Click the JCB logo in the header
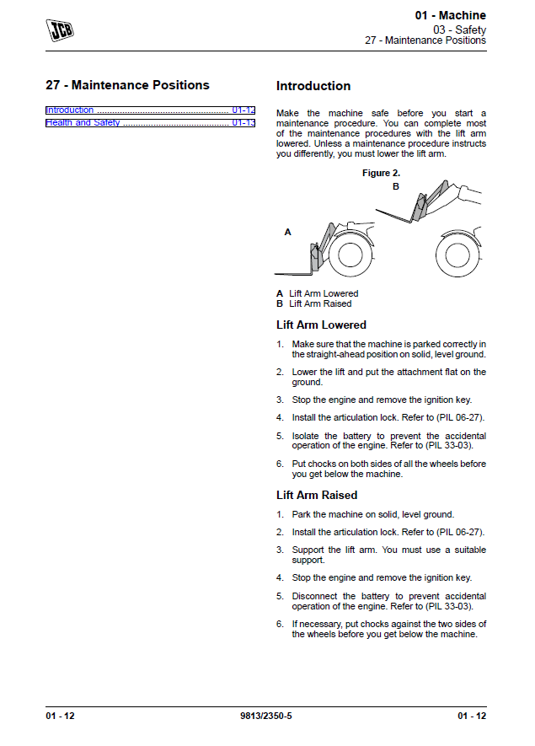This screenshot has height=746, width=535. pyautogui.click(x=59, y=30)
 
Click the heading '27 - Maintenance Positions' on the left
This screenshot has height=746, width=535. pyautogui.click(x=127, y=85)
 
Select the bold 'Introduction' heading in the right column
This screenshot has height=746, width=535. pyautogui.click(x=313, y=86)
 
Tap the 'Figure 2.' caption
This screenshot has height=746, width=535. pyautogui.click(x=381, y=173)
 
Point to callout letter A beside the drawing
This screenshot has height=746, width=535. pyautogui.click(x=287, y=231)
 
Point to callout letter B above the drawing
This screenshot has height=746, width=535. pyautogui.click(x=396, y=187)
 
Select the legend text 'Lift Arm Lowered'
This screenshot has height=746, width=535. pyautogui.click(x=324, y=293)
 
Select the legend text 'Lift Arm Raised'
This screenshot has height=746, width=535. pyautogui.click(x=320, y=303)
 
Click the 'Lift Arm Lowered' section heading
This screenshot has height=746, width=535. pyautogui.click(x=321, y=325)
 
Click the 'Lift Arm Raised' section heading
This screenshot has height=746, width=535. pyautogui.click(x=317, y=495)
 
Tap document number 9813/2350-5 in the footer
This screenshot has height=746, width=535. pyautogui.click(x=267, y=716)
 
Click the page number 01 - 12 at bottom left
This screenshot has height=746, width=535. pyautogui.click(x=61, y=716)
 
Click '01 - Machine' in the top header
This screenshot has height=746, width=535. pyautogui.click(x=450, y=16)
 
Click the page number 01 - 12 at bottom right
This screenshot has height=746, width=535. pyautogui.click(x=472, y=716)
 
